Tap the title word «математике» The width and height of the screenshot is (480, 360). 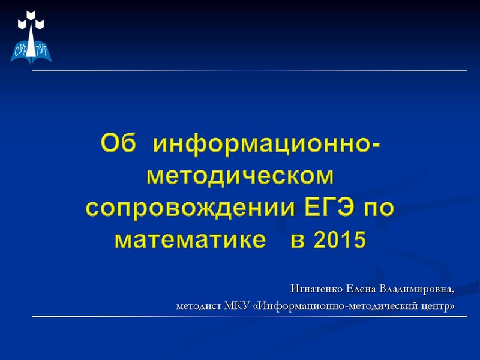tap(190, 239)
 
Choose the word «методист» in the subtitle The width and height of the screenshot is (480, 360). tap(198, 307)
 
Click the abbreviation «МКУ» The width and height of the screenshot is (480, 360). tap(238, 307)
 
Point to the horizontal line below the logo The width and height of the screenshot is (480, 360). tap(249, 71)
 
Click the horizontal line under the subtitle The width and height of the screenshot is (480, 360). tap(249, 316)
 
